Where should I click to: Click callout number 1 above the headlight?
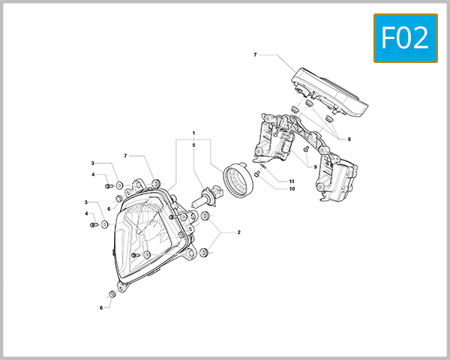click(x=193, y=133)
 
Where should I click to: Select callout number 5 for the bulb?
click(x=193, y=144)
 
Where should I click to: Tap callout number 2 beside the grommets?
click(x=238, y=232)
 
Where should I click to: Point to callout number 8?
click(x=349, y=139)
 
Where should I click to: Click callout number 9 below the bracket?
click(x=316, y=166)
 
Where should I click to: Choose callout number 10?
click(x=292, y=188)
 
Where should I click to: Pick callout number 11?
click(x=292, y=181)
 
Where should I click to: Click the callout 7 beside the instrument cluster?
click(x=255, y=55)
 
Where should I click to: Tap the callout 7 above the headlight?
click(x=127, y=156)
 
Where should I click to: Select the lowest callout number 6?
click(x=101, y=307)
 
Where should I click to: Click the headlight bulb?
click(x=204, y=200)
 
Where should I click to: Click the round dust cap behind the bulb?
click(x=238, y=182)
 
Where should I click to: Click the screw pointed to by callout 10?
click(x=258, y=172)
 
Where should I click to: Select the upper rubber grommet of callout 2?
click(x=205, y=217)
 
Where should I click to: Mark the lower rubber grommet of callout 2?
click(x=204, y=252)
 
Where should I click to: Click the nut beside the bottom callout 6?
click(x=113, y=292)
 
